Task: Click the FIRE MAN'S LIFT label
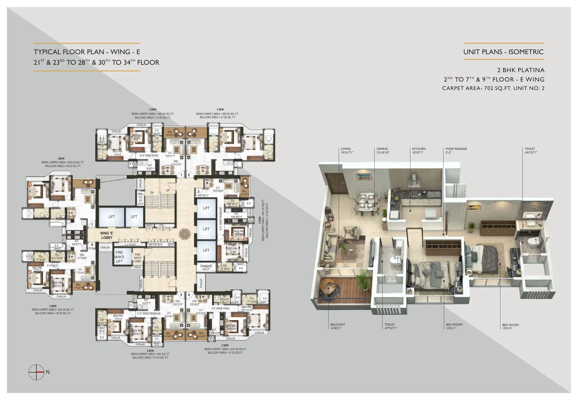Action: pos(119,257)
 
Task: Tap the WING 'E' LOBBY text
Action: pos(107,235)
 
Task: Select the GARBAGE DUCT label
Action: pos(206,268)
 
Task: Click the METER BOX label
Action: pos(155,244)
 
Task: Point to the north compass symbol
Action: pos(36,372)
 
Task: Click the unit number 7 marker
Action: pos(92,225)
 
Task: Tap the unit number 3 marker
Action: pos(199,192)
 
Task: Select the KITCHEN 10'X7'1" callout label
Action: pos(419,150)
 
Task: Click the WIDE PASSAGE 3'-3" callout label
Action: pos(456,150)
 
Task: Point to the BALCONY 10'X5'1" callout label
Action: pos(337,326)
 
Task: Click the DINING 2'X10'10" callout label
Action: pos(383,150)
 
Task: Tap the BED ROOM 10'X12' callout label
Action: pos(510,326)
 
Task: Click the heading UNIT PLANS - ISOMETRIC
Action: pos(503,52)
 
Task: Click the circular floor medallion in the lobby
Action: pos(185,234)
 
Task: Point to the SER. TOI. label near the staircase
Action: pos(141,199)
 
